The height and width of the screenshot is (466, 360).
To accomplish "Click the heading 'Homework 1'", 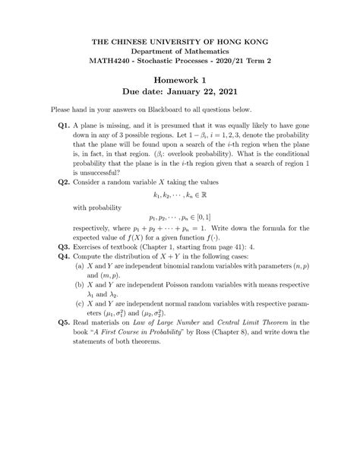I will click(x=180, y=81).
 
